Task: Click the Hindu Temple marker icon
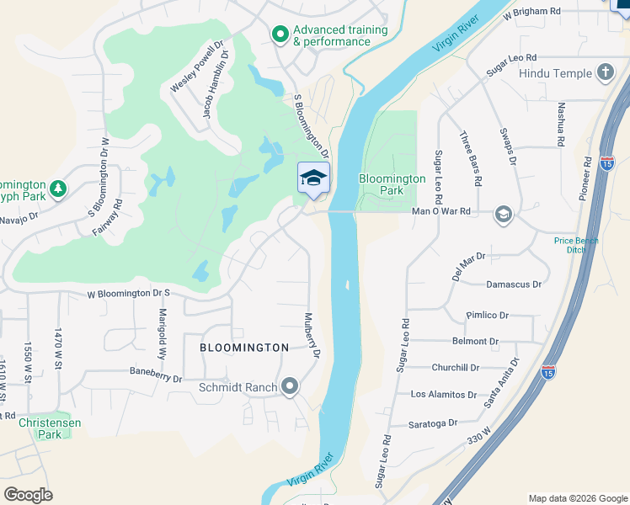pyautogui.click(x=605, y=72)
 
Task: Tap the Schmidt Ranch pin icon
pyautogui.click(x=291, y=387)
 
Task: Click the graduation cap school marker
pyautogui.click(x=313, y=178)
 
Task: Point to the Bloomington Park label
pyautogui.click(x=392, y=184)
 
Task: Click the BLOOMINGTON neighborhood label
pyautogui.click(x=244, y=347)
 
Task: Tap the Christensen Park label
pyautogui.click(x=50, y=428)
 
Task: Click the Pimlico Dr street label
pyautogui.click(x=488, y=315)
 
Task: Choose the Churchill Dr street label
pyautogui.click(x=456, y=367)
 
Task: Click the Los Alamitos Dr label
pyautogui.click(x=444, y=394)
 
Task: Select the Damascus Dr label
pyautogui.click(x=514, y=284)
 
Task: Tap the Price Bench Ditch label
pyautogui.click(x=576, y=245)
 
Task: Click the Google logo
pyautogui.click(x=28, y=495)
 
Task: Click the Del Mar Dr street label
pyautogui.click(x=469, y=266)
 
